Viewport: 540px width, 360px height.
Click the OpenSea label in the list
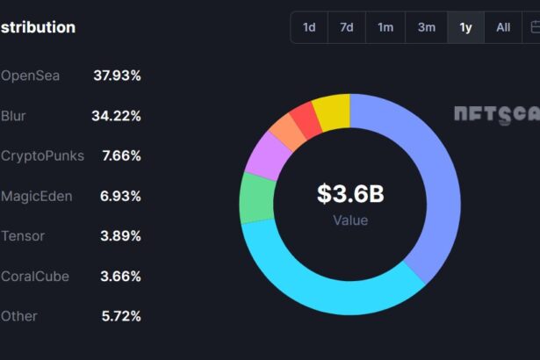[30, 76]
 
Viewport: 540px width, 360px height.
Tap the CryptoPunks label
[42, 156]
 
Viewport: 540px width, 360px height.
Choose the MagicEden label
[36, 196]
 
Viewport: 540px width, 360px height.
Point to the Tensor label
[23, 236]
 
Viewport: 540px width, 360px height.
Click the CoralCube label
[35, 277]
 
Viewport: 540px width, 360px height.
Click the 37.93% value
[117, 76]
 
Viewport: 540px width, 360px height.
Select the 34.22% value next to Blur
[116, 116]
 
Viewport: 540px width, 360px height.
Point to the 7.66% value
[120, 156]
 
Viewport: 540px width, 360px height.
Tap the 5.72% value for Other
[120, 316]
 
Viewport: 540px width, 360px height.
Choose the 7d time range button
[347, 27]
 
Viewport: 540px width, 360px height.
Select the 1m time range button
[385, 27]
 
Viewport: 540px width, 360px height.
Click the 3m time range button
[426, 27]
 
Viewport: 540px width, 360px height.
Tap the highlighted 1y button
[465, 27]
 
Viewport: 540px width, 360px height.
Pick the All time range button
[503, 27]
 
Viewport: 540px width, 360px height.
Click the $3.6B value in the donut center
[350, 194]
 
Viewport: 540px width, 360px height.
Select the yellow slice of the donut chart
[334, 112]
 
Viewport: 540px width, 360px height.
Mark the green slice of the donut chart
[256, 198]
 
